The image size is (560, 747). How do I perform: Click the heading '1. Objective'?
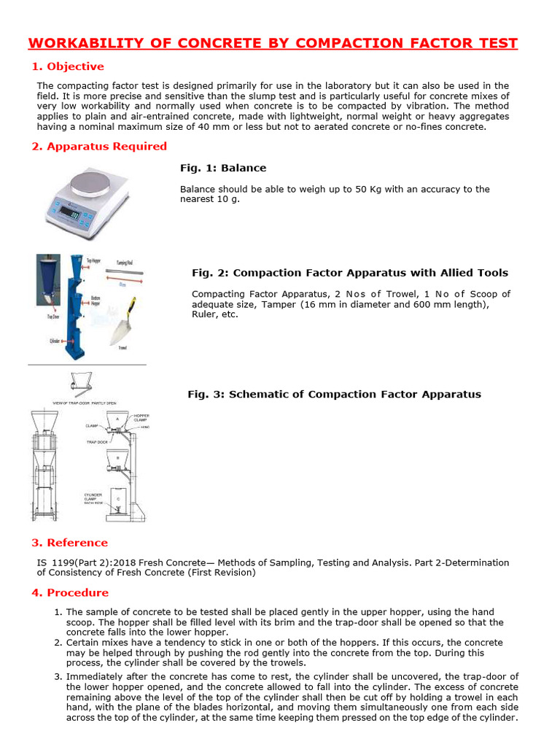coord(67,66)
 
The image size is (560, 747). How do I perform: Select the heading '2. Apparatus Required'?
coord(99,146)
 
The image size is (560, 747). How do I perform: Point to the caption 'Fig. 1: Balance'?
coord(223,168)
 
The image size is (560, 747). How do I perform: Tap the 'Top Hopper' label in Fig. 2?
coord(93,260)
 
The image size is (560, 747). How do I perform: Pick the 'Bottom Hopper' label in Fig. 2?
coord(96,300)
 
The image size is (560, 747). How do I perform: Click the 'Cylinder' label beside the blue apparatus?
coord(55,341)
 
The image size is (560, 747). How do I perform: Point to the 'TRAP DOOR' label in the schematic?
coord(97,442)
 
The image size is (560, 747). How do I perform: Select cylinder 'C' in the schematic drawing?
coord(117,500)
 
